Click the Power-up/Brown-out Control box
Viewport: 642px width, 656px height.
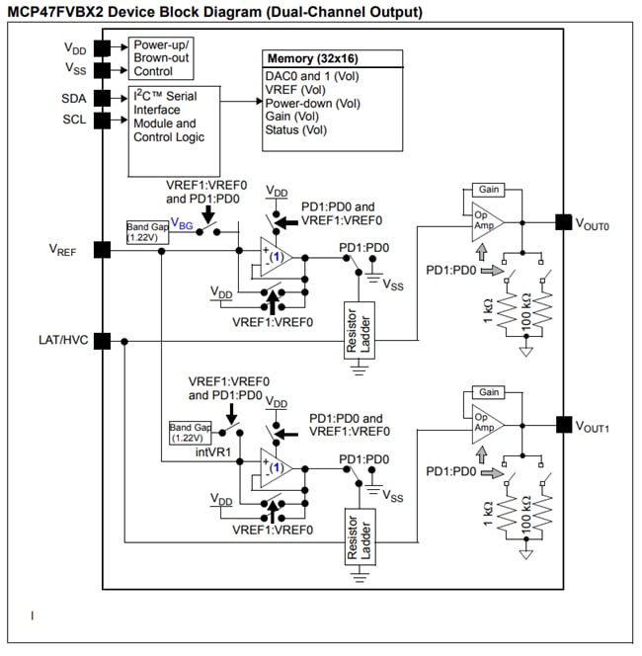pos(161,58)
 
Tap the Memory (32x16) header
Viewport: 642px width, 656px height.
pos(333,58)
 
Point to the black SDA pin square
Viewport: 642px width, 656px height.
pos(100,99)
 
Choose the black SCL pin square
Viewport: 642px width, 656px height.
pos(100,120)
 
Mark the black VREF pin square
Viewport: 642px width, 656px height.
pos(100,249)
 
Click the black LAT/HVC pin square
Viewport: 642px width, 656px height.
pos(100,341)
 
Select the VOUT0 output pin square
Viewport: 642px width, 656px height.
pos(562,223)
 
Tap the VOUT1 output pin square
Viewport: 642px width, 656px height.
pos(562,425)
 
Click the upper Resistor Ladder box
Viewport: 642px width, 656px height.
pos(358,329)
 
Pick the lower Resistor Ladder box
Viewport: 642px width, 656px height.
pos(358,537)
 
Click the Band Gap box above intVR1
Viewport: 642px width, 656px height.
pos(191,433)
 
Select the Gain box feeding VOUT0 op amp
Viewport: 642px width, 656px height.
pos(487,189)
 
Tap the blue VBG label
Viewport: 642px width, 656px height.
pos(181,224)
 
